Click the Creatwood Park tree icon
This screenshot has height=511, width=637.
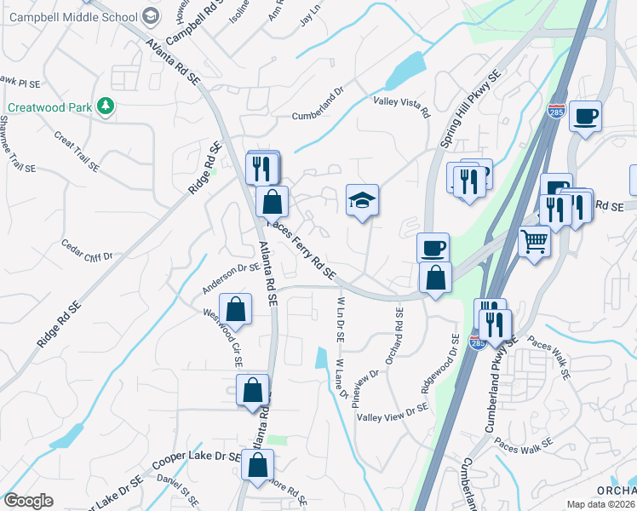click(x=106, y=106)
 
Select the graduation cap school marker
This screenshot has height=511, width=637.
click(x=362, y=201)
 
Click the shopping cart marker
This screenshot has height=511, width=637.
click(x=534, y=241)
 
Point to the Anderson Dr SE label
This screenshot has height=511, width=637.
click(x=230, y=278)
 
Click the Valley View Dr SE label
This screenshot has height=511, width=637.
click(x=393, y=411)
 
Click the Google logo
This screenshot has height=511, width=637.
click(x=28, y=501)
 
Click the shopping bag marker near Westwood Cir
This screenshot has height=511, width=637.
click(x=235, y=310)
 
